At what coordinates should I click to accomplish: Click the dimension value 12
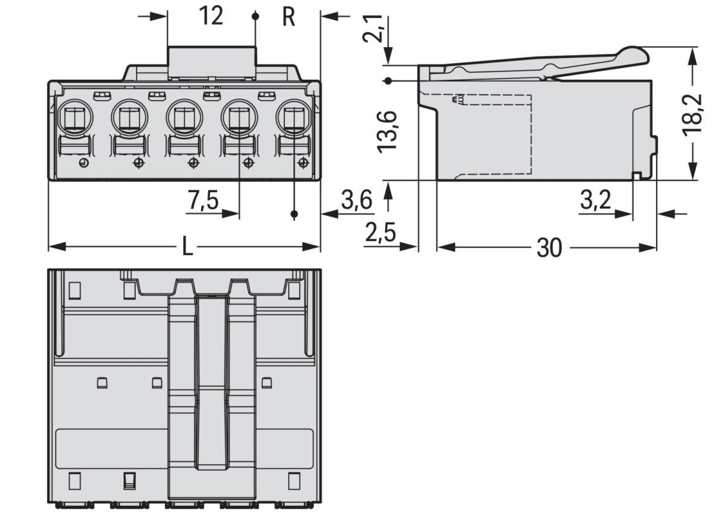coord(211,16)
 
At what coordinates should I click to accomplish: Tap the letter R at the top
coord(289,18)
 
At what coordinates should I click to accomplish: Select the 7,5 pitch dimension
coord(202,201)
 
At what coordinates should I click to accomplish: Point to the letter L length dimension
coord(187,247)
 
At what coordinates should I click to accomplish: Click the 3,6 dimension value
coord(356,201)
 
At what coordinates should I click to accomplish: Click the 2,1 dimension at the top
coord(373,28)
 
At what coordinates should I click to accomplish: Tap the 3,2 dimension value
coord(596,201)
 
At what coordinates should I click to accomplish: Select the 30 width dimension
coord(549,248)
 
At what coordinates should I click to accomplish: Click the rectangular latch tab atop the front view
coord(211,62)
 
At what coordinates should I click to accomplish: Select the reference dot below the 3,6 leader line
coord(294,214)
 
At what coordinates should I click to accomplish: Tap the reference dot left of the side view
coord(388,80)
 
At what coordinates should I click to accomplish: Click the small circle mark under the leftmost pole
coord(84,163)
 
